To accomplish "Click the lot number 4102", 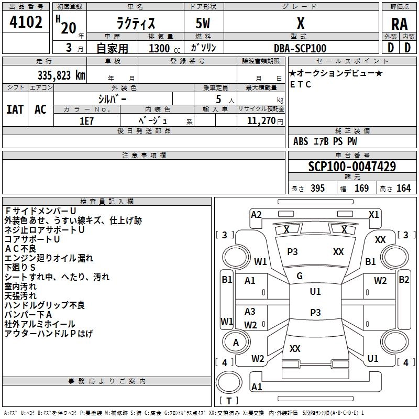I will click(27, 24).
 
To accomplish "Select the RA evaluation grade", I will click(399, 24).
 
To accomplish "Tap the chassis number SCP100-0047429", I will click(351, 167).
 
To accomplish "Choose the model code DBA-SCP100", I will click(300, 49).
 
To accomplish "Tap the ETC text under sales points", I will click(301, 84).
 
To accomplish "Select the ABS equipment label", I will click(301, 141).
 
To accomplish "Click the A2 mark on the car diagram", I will click(256, 214).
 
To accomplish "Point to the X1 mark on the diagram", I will click(373, 214).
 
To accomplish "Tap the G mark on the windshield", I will click(300, 276).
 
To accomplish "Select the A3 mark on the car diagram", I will click(250, 312).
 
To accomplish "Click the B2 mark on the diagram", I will click(404, 280).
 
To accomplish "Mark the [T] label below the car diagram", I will click(229, 401).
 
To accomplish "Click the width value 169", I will click(361, 189).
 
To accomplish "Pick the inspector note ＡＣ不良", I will click(21, 248).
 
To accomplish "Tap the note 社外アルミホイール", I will click(40, 324).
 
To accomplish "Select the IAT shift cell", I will click(15, 109).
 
